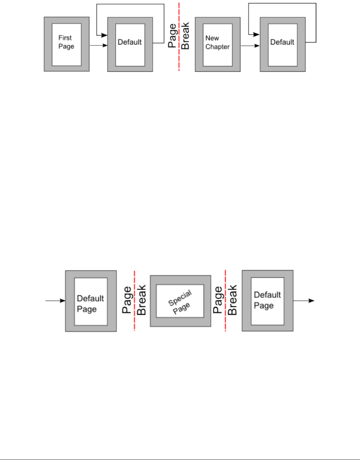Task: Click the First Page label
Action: click(x=66, y=42)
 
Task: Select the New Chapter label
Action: click(x=217, y=42)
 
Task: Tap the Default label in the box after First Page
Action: click(x=130, y=42)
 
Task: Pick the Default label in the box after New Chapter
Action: click(x=282, y=42)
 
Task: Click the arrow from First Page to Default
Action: click(x=98, y=45)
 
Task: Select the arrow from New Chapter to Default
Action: click(x=250, y=46)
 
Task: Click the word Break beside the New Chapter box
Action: click(x=185, y=36)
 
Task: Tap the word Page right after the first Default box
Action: click(x=172, y=36)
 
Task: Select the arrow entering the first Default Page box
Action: click(x=55, y=301)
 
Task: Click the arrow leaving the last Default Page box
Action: click(x=304, y=301)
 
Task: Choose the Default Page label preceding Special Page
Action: click(x=90, y=303)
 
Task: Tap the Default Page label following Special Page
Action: click(x=267, y=300)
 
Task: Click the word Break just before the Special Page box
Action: click(x=142, y=300)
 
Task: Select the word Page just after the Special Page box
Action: click(x=218, y=300)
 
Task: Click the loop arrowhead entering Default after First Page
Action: click(x=104, y=35)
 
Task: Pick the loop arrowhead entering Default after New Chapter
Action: click(x=257, y=35)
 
